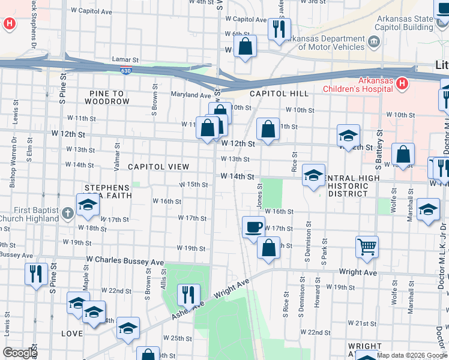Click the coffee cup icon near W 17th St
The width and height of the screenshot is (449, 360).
click(x=253, y=227)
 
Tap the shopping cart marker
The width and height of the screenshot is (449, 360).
click(x=367, y=245)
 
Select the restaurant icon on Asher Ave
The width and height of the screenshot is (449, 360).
click(x=189, y=294)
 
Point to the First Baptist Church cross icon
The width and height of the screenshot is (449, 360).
click(x=68, y=212)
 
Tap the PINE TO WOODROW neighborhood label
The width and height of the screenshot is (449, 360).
click(x=107, y=97)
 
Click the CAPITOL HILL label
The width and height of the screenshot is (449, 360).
click(x=279, y=94)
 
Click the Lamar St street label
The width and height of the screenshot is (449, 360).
click(x=125, y=60)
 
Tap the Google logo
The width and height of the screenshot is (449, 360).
click(x=20, y=353)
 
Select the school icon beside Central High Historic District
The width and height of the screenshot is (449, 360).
click(x=313, y=175)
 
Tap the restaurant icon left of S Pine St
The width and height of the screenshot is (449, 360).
click(x=36, y=274)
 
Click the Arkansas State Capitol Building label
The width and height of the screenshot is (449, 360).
click(x=404, y=23)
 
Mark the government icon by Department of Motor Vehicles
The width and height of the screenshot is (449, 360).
click(x=374, y=41)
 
